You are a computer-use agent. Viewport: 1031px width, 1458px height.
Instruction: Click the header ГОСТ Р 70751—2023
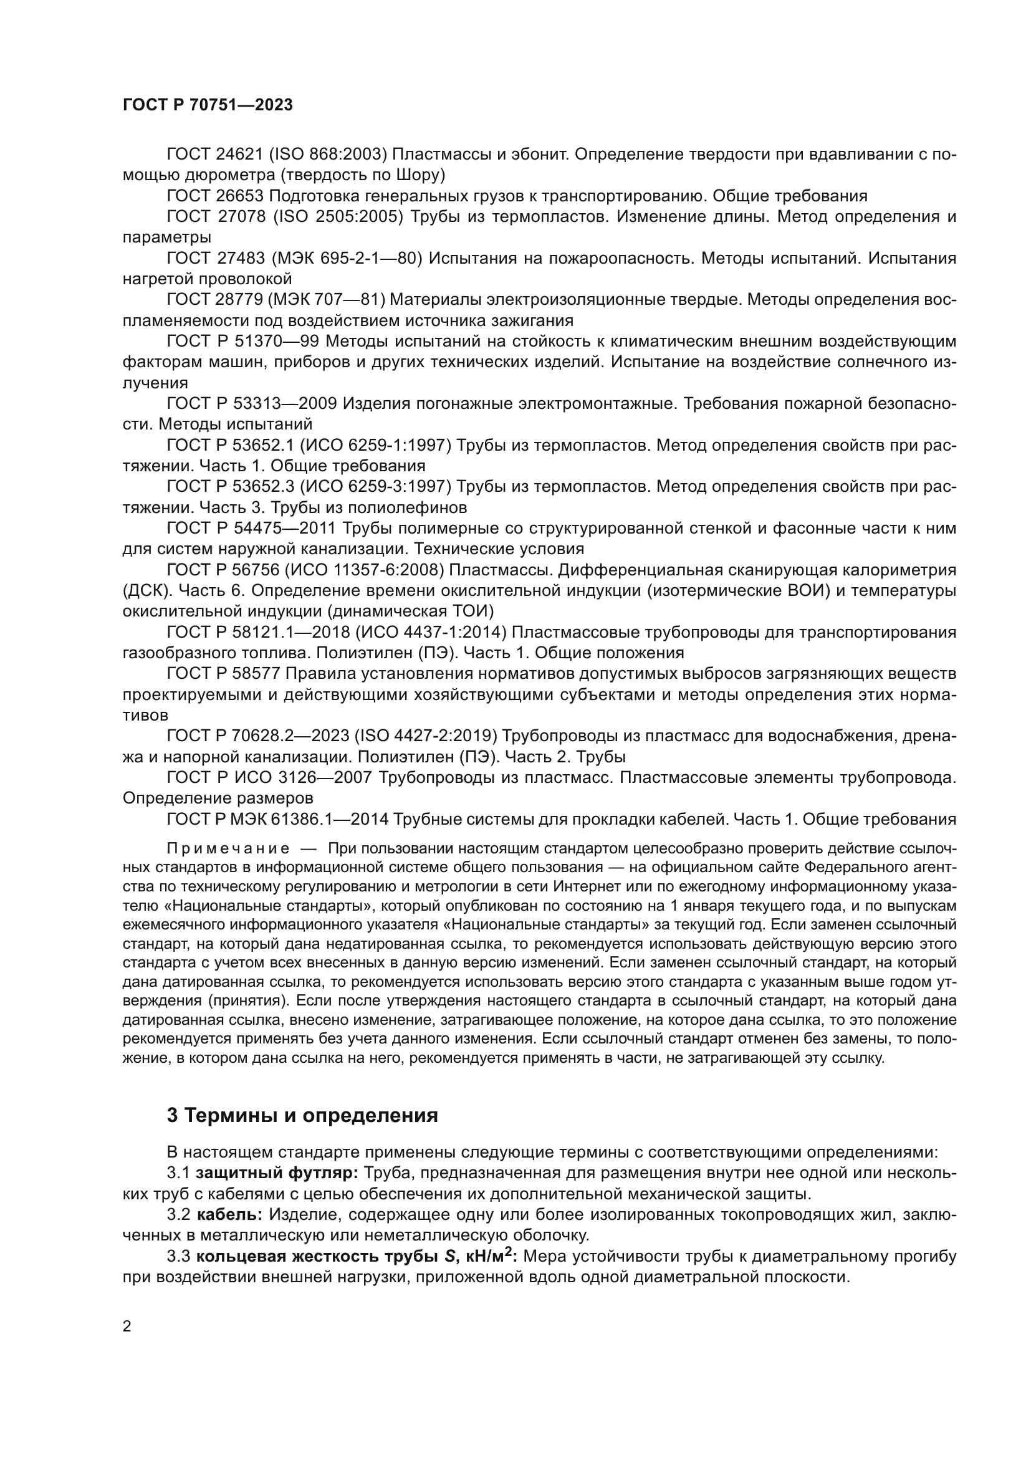208,105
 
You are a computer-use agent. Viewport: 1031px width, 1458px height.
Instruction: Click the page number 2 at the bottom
127,1326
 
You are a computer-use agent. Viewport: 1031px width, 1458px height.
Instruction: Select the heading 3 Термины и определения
302,1115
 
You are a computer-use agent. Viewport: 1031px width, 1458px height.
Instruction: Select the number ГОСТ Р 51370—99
242,342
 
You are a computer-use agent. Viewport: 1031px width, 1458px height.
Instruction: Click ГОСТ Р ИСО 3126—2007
269,777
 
